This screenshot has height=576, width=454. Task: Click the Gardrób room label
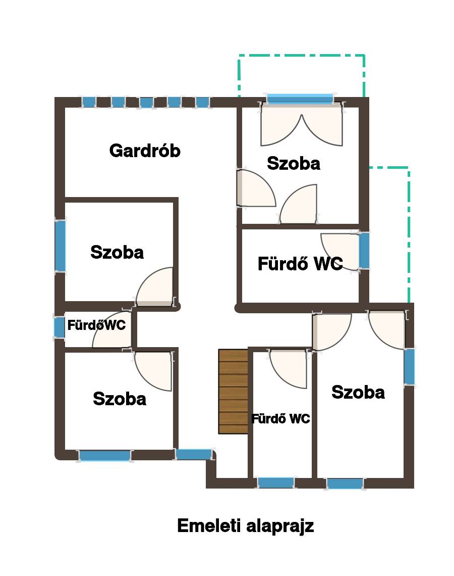tap(145, 151)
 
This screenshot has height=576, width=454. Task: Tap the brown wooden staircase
tap(233, 392)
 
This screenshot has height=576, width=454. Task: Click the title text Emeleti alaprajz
tap(245, 525)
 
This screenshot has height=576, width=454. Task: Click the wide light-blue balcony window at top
tap(300, 98)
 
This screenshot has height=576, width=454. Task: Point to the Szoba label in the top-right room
tap(294, 164)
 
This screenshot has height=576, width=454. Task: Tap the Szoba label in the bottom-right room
tap(358, 392)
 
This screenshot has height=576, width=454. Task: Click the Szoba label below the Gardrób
tap(117, 252)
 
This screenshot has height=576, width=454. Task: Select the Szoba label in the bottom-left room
tap(120, 399)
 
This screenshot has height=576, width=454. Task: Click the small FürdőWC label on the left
tap(96, 325)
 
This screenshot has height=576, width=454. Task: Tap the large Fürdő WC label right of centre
tap(300, 264)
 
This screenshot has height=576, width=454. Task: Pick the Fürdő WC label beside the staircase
tap(280, 419)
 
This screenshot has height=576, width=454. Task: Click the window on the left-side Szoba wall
tap(60, 246)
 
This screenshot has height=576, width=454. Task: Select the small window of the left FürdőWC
tap(59, 327)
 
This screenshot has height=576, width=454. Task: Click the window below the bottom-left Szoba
tap(105, 456)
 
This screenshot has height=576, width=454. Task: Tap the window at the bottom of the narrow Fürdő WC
tap(276, 483)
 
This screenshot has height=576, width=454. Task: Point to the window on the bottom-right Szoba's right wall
tap(409, 367)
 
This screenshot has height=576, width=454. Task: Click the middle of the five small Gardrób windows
tap(146, 102)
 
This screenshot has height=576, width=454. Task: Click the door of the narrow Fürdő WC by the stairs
tap(289, 368)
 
